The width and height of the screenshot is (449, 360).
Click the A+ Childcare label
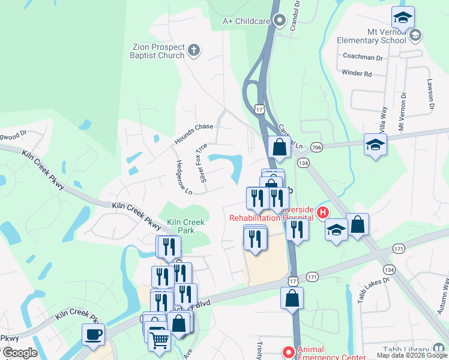246,21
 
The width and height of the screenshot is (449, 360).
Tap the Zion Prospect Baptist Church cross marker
193,51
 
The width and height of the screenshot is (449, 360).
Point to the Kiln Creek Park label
185,226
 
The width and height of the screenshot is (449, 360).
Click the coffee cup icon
93,334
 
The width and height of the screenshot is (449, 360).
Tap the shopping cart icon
159,340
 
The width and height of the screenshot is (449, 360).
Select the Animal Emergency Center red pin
288,352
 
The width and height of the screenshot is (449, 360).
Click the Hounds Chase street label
193,134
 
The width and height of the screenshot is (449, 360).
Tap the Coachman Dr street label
362,57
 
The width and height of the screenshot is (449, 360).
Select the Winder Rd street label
357,73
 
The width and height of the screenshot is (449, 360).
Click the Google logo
20,353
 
